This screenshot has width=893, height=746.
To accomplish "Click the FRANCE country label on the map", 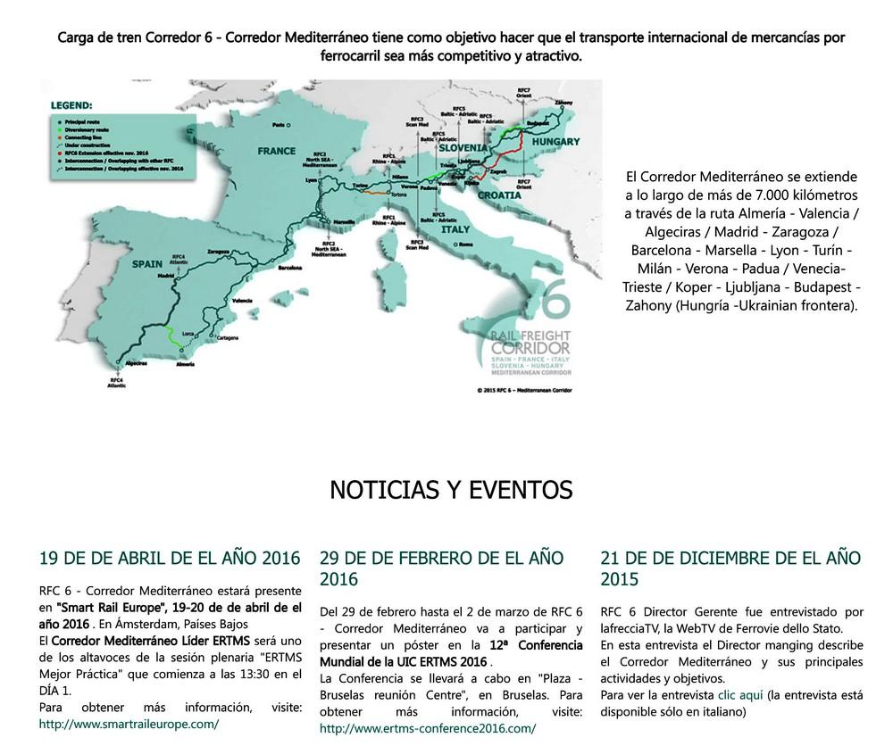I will [x=277, y=152].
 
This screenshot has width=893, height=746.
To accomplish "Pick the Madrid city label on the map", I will [x=164, y=278].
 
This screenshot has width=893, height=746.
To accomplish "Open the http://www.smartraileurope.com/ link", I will [x=129, y=725].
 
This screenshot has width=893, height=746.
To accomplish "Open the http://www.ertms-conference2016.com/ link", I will [x=428, y=728].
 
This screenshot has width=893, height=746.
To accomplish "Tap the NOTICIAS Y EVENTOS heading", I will [x=451, y=489].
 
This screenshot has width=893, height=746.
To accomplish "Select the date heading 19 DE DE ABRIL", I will [x=170, y=559].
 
